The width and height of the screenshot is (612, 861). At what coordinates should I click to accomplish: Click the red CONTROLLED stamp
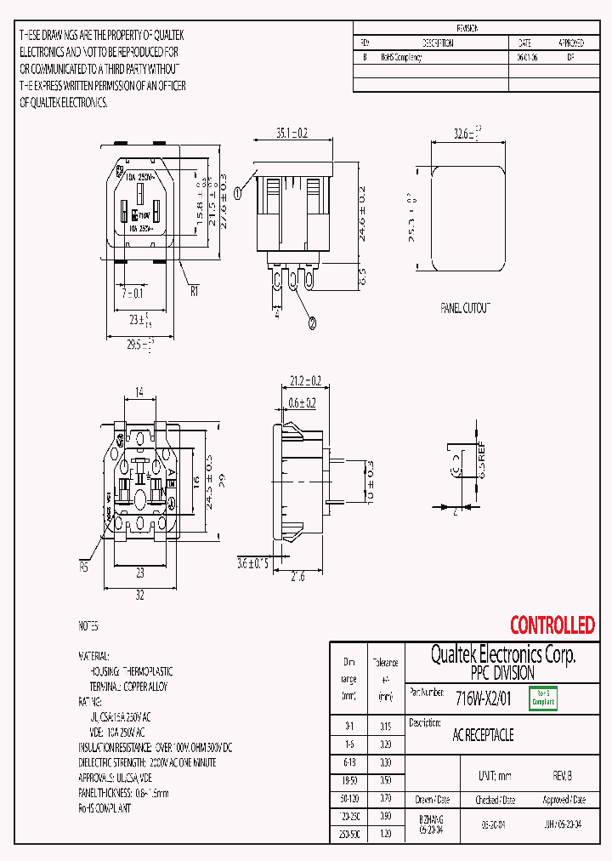click(552, 625)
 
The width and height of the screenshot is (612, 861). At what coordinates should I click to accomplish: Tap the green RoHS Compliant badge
click(543, 698)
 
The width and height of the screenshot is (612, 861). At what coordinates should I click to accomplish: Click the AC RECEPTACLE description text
click(484, 735)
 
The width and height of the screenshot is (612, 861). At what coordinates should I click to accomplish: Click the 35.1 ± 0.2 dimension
click(291, 133)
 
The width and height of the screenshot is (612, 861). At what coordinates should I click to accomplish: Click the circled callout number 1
click(239, 193)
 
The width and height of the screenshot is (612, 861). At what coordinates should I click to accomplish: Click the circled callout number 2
click(311, 322)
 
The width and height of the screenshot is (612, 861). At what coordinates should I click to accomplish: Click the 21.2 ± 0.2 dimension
click(303, 380)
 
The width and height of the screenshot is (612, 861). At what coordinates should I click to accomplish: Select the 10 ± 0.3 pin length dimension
click(369, 481)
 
